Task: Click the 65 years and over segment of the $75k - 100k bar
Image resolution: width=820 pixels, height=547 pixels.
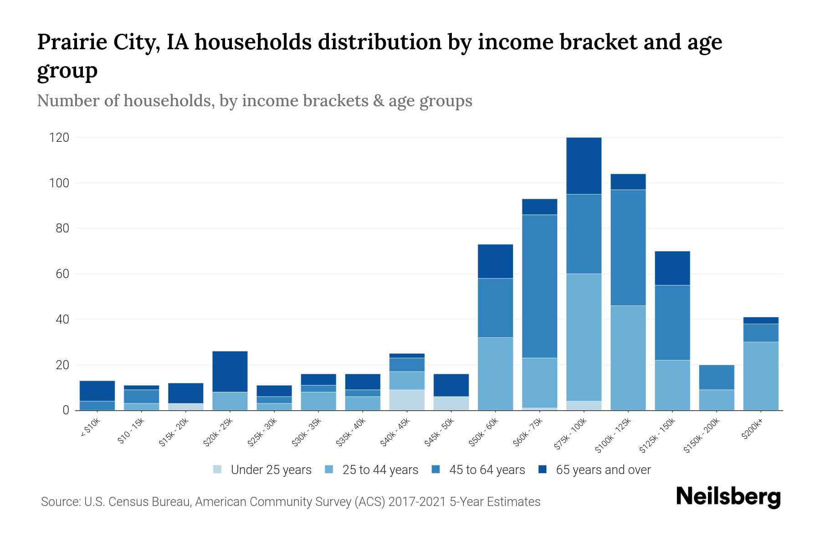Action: click(x=584, y=166)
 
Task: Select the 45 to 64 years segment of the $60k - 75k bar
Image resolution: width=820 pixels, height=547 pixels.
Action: click(x=539, y=286)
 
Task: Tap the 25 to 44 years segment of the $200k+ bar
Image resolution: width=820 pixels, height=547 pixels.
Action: click(x=761, y=376)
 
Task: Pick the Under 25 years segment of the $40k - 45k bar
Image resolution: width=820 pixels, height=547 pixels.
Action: click(x=407, y=400)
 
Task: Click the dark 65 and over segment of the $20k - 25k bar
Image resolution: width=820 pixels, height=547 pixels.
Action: click(x=230, y=372)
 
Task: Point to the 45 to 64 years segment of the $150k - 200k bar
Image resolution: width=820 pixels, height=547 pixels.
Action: click(x=717, y=377)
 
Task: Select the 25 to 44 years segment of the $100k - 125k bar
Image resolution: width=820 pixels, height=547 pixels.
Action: click(x=628, y=358)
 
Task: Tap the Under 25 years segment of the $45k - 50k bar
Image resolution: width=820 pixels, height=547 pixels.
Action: click(x=451, y=403)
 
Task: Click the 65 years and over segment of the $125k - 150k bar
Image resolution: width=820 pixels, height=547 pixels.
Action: click(x=672, y=268)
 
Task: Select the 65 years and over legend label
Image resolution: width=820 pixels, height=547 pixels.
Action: click(x=603, y=470)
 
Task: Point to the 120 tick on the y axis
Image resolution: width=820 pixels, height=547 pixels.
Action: click(x=59, y=138)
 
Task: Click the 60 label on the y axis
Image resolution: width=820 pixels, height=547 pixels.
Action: click(x=62, y=274)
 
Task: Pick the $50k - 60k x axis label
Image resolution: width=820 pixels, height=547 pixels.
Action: click(x=484, y=433)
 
